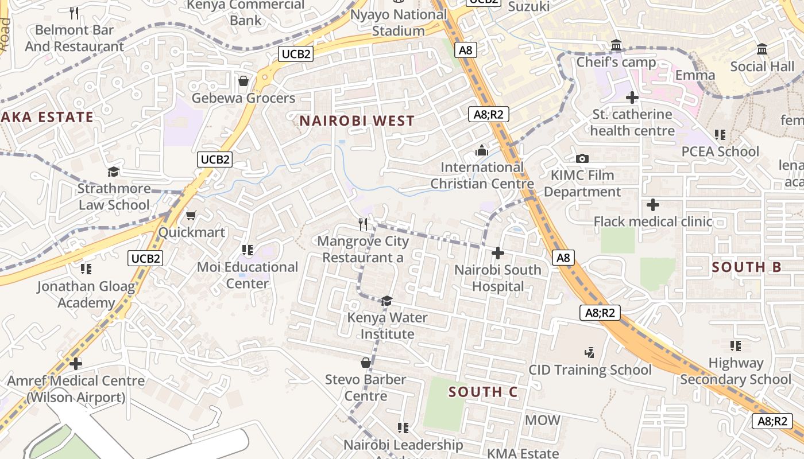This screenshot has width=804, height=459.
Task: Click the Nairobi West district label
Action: (357, 120)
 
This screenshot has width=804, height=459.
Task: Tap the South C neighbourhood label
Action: (483, 392)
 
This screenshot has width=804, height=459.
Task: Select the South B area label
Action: (747, 267)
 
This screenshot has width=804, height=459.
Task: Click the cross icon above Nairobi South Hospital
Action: (498, 253)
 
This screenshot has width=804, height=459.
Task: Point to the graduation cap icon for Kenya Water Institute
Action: (387, 301)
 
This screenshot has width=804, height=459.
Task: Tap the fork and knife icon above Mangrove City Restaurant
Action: (363, 224)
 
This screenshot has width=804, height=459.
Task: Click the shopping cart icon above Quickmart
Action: (191, 216)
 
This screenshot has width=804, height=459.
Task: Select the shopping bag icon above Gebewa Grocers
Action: (243, 81)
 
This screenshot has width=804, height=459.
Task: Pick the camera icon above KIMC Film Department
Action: (582, 158)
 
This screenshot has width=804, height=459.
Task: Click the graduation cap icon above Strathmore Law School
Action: (114, 172)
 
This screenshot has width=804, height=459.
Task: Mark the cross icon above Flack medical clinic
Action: (652, 205)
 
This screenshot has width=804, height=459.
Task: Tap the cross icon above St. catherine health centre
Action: (632, 98)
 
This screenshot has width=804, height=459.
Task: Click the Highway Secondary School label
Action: (736, 371)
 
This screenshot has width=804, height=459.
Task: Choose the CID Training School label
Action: (590, 370)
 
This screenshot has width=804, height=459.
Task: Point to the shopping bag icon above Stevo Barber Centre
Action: (365, 363)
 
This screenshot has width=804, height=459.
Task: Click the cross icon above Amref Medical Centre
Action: (75, 364)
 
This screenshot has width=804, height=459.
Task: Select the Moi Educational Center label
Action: (248, 275)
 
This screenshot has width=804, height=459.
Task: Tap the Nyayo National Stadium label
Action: (398, 22)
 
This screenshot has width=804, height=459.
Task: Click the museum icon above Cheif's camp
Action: (616, 45)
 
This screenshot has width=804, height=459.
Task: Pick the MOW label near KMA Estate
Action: (542, 420)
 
